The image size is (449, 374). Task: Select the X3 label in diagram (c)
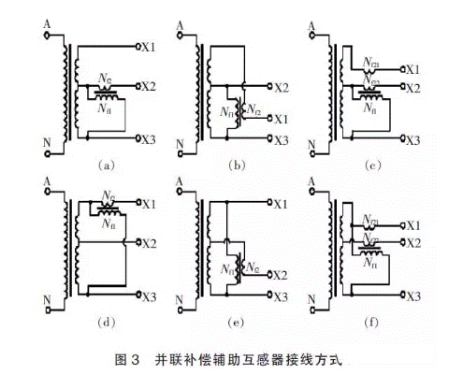[413, 137]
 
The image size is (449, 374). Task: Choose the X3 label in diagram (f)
[413, 294]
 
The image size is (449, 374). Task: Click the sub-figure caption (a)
[106, 165]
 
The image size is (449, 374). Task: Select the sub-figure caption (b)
[237, 165]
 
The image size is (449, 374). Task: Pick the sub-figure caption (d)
[106, 324]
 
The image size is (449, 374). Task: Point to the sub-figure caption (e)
[237, 324]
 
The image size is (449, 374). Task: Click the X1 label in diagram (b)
[280, 119]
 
